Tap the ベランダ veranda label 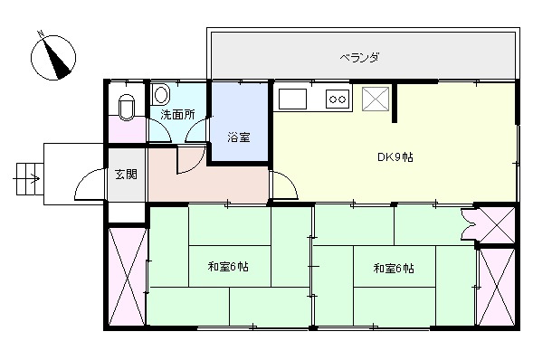tap(359, 57)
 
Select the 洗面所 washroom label tap(178, 115)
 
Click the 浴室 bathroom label tap(239, 137)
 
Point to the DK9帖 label tap(395, 157)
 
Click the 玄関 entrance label tap(125, 175)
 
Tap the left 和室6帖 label tap(228, 267)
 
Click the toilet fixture tap(126, 106)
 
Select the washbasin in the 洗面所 tap(161, 94)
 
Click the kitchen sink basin tap(294, 98)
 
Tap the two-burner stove tap(338, 98)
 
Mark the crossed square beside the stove tap(376, 99)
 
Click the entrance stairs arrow tap(28, 175)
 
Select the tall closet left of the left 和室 tap(125, 275)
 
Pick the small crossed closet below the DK tap(495, 223)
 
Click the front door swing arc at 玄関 tap(90, 185)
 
